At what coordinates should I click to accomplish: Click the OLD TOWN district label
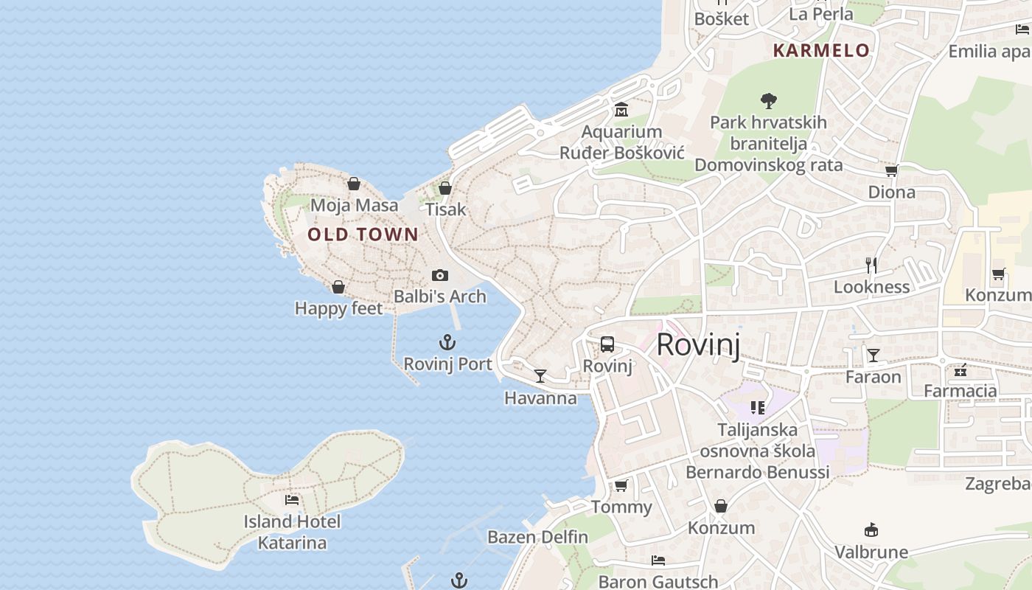363,235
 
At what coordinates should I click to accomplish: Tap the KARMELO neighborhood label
821,51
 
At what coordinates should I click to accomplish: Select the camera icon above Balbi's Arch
440,275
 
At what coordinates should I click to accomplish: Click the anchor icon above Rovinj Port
447,342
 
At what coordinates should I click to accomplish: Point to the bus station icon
607,344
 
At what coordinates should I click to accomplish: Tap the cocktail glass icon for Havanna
540,376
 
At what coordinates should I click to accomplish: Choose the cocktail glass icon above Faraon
874,355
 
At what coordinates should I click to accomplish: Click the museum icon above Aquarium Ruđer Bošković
621,111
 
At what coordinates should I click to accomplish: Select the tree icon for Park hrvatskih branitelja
769,100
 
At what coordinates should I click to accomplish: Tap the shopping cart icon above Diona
891,171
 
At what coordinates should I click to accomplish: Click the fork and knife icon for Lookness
872,265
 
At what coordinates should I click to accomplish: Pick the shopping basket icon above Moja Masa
354,184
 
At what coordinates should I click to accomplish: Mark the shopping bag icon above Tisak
445,188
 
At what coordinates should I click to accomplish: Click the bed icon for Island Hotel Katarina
292,500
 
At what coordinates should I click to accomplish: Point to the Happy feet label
339,308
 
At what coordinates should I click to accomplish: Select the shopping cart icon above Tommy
621,485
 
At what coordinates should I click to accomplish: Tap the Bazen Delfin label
537,537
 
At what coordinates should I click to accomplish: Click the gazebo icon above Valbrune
871,530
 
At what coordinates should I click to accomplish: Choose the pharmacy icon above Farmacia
960,369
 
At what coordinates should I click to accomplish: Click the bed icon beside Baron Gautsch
658,560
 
